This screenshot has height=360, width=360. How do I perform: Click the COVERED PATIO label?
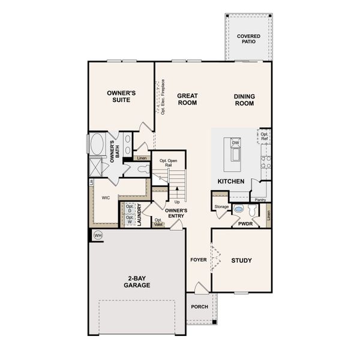click(x=248, y=39)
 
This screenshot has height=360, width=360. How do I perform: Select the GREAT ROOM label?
click(x=187, y=99)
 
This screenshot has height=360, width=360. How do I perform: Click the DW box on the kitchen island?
click(x=236, y=143)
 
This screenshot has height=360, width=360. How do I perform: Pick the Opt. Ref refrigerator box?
click(x=264, y=136)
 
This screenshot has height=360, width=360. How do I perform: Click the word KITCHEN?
click(x=230, y=181)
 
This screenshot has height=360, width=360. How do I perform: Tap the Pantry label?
click(x=260, y=199)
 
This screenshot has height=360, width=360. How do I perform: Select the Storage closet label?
click(x=221, y=207)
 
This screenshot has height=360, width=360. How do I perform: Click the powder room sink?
click(x=239, y=210)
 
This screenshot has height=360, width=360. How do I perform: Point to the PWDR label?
click(x=245, y=224)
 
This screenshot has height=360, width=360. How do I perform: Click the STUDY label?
click(x=241, y=260)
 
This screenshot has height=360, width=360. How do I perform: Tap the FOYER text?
click(x=199, y=260)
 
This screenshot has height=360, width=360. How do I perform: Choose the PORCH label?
click(x=199, y=307)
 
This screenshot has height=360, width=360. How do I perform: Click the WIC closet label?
click(x=106, y=197)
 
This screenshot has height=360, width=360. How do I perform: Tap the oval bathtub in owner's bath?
click(x=97, y=145)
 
